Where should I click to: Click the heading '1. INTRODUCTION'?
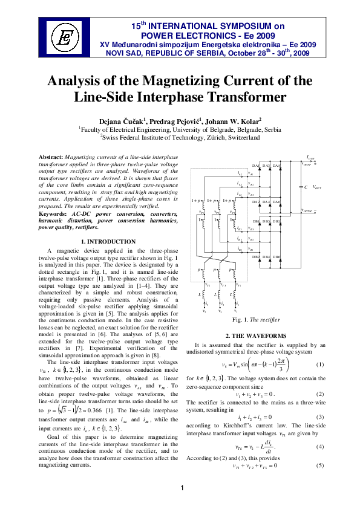108,242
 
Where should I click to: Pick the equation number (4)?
319,413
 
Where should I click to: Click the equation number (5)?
319,432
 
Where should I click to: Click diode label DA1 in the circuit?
256,166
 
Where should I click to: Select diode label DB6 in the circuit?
277,258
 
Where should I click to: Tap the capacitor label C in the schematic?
306,187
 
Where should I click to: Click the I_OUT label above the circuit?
310,157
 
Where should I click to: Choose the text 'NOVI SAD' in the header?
122,53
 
